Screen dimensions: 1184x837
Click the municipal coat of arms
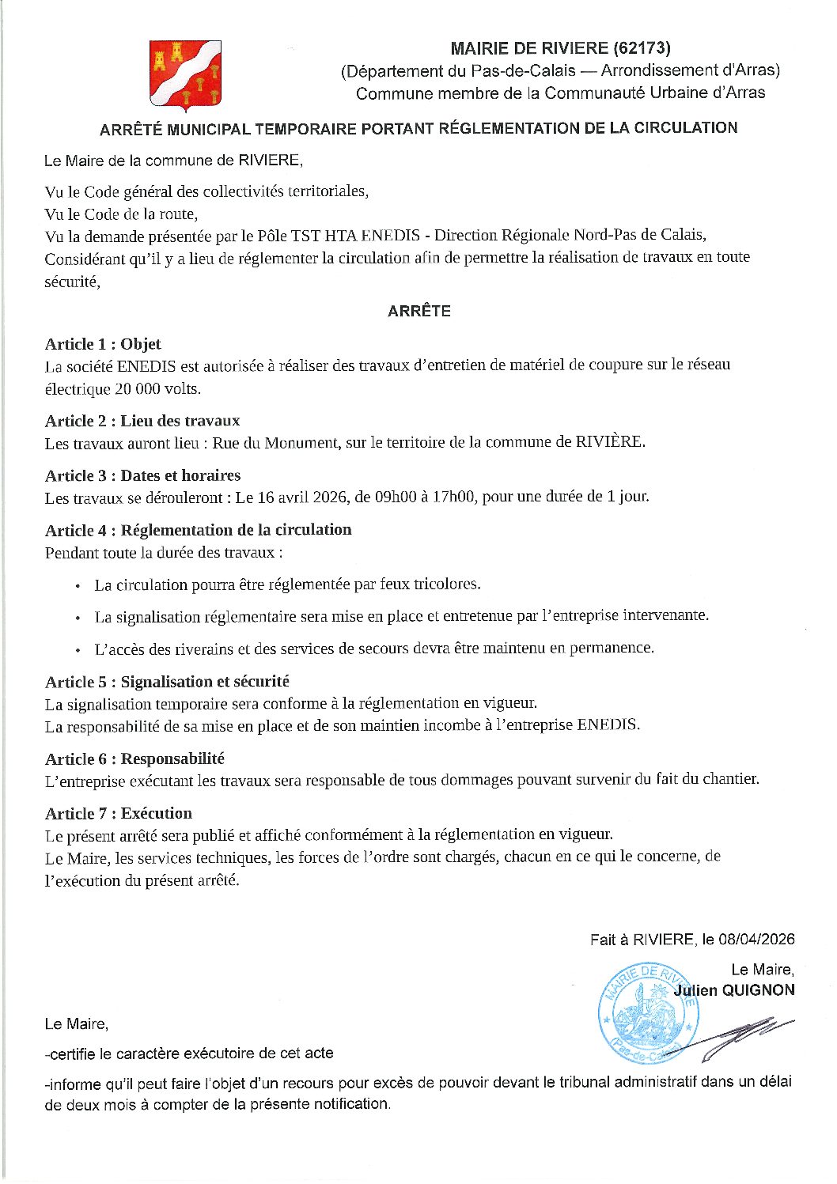(x=186, y=74)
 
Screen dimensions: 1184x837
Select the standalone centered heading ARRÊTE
(x=418, y=311)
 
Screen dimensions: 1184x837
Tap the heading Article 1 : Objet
(x=103, y=344)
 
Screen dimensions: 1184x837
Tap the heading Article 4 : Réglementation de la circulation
(x=198, y=530)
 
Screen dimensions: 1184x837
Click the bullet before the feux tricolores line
(x=78, y=586)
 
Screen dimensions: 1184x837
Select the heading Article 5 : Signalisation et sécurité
(x=167, y=682)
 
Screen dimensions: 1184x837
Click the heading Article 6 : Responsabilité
(x=134, y=759)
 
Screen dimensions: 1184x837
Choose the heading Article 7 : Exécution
(x=119, y=814)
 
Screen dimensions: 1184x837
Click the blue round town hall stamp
(x=648, y=1012)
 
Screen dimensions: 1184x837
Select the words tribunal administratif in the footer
(x=635, y=1081)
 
